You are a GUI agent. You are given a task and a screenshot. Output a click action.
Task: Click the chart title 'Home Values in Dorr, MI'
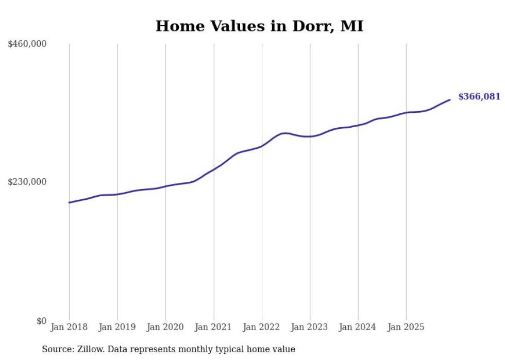tap(259, 26)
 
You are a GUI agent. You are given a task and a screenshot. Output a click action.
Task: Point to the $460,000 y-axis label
tap(27, 44)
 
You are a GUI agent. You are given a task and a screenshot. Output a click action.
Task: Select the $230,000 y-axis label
tap(27, 182)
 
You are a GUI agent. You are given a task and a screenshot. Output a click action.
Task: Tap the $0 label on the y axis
tap(41, 321)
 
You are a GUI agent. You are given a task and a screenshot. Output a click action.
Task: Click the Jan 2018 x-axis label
tap(69, 327)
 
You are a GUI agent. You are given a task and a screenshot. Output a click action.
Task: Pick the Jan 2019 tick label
tap(117, 327)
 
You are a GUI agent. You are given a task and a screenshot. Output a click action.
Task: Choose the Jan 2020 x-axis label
tap(165, 327)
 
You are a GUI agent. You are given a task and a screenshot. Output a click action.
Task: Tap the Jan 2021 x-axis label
tap(213, 327)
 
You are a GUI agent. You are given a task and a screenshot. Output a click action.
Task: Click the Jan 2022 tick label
tap(262, 327)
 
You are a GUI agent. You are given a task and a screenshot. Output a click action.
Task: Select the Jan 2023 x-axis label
tap(310, 327)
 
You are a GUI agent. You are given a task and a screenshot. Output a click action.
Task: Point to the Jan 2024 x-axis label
tap(358, 327)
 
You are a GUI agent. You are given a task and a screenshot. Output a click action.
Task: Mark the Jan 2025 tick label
tap(406, 327)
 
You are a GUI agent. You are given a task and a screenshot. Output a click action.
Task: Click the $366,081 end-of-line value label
tap(479, 97)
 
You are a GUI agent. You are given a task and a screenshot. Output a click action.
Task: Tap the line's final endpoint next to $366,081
tap(450, 100)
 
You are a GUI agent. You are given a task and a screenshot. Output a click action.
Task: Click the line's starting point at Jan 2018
tap(69, 202)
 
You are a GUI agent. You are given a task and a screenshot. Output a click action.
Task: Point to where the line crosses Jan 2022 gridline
tap(262, 146)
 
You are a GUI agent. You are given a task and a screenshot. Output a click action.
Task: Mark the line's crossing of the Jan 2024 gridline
tap(358, 125)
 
